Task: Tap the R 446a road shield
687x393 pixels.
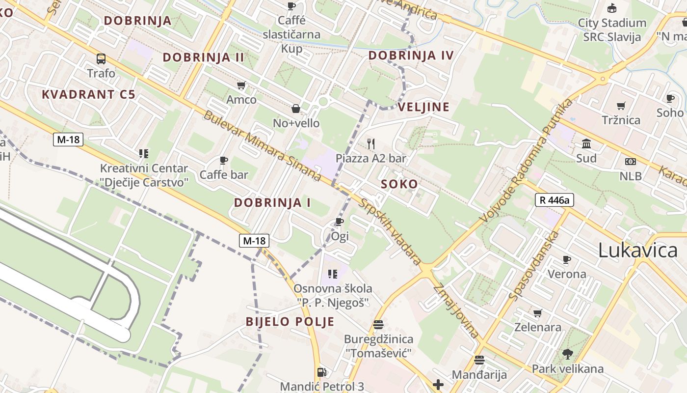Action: (x=554, y=200)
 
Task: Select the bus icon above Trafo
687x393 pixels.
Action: (x=101, y=59)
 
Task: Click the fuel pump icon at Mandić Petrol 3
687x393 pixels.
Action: (x=321, y=373)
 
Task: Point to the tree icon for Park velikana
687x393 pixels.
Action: (x=567, y=354)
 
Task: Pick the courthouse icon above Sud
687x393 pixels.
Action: (x=586, y=144)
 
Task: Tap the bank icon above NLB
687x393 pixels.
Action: (x=631, y=161)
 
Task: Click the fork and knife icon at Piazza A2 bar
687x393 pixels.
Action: (x=371, y=143)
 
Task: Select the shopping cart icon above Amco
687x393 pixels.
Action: (x=241, y=85)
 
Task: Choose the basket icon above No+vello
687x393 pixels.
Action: (x=296, y=108)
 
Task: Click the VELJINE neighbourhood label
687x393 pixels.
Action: (x=423, y=107)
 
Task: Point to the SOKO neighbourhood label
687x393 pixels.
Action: (x=399, y=184)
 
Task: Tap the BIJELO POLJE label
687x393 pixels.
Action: (x=290, y=322)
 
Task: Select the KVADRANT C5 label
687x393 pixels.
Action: (x=88, y=94)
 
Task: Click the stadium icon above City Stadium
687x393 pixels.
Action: (x=611, y=8)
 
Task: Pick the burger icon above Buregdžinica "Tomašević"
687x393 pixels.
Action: (x=378, y=324)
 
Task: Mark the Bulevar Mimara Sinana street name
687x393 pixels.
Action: (x=263, y=146)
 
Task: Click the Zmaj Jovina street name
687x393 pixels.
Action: (x=456, y=311)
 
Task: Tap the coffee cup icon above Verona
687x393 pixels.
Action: (x=567, y=259)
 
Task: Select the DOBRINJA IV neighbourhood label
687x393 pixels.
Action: (x=411, y=56)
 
